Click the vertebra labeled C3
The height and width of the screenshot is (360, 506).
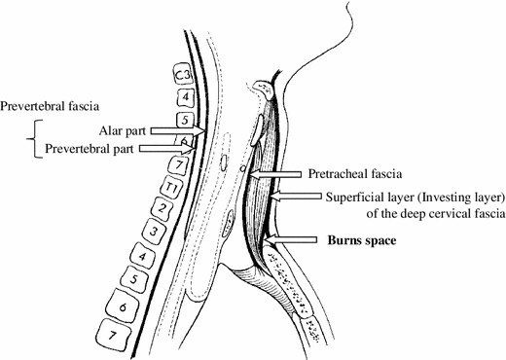coord(181,74)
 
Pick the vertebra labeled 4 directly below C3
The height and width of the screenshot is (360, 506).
coord(180,97)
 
